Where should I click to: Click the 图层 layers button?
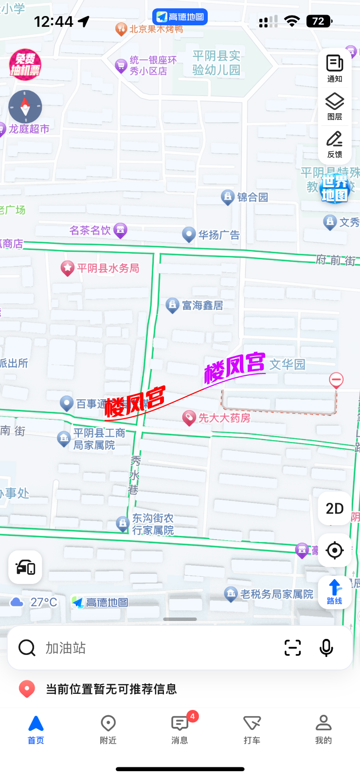pyautogui.click(x=335, y=106)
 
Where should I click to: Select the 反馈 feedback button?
pyautogui.click(x=335, y=144)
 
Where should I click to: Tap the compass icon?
pyautogui.click(x=25, y=106)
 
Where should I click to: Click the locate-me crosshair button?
pyautogui.click(x=335, y=550)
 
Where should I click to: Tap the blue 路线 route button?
pyautogui.click(x=335, y=592)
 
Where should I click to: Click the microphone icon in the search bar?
pyautogui.click(x=326, y=648)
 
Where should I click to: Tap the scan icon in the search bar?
pyautogui.click(x=292, y=648)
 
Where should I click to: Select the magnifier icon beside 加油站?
pyautogui.click(x=27, y=648)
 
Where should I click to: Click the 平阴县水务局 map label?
pyautogui.click(x=108, y=268)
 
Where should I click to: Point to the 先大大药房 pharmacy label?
pyautogui.click(x=224, y=418)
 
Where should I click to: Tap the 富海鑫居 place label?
pyautogui.click(x=202, y=305)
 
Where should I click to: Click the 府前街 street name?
pyautogui.click(x=336, y=260)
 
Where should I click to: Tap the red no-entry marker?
pyautogui.click(x=336, y=380)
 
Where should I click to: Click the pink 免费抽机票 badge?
pyautogui.click(x=25, y=65)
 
